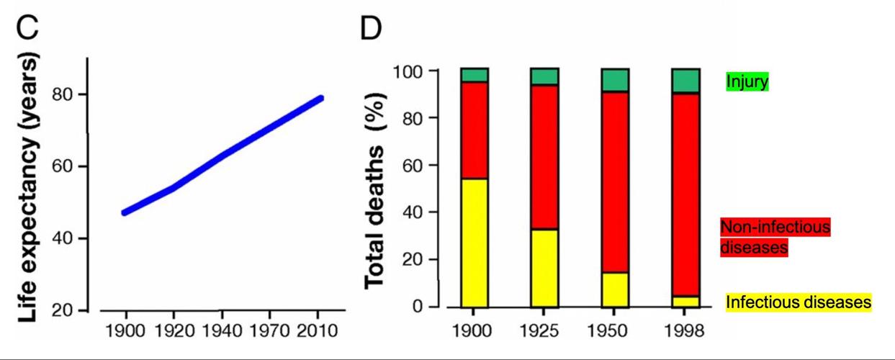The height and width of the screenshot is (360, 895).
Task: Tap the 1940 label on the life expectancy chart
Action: (221, 331)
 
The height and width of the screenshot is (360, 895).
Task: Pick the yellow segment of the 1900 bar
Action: (475, 243)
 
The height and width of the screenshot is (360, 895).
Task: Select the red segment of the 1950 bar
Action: (615, 182)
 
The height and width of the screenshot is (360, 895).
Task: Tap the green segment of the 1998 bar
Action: (685, 81)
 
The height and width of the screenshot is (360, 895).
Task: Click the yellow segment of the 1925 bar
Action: (544, 268)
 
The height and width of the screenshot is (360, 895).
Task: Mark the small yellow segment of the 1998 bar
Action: (685, 302)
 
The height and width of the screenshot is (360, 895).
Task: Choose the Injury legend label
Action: (747, 82)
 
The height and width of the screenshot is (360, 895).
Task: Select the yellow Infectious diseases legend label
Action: (798, 302)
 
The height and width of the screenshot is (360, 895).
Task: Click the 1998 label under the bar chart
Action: (685, 331)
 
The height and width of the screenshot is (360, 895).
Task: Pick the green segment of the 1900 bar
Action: (475, 75)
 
